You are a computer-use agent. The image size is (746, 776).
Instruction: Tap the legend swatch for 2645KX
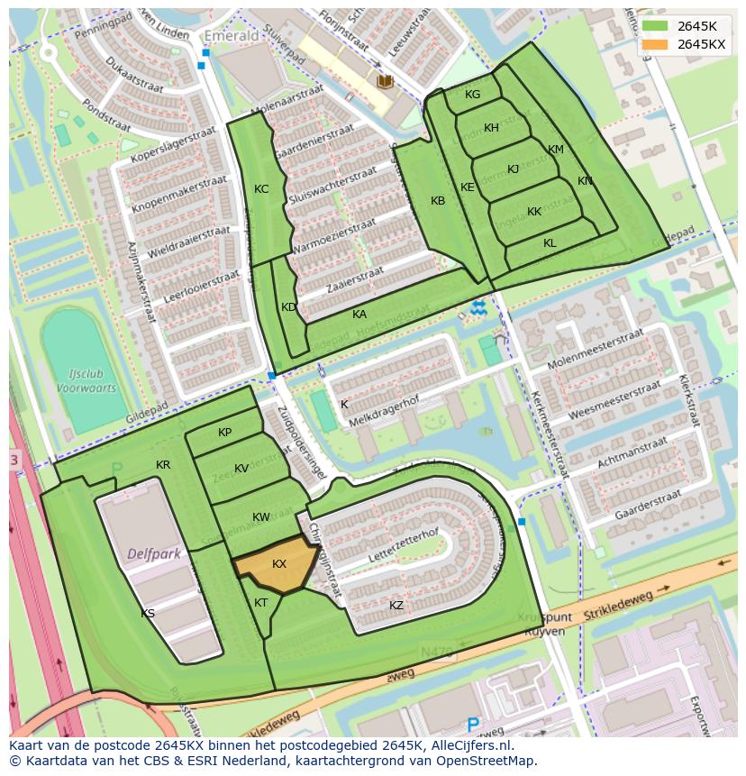pyautogui.click(x=654, y=44)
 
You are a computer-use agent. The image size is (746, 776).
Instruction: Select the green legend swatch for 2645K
pyautogui.click(x=654, y=26)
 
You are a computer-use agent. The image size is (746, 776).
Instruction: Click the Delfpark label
pyautogui.click(x=149, y=553)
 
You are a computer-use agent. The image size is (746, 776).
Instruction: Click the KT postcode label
pyautogui.click(x=261, y=603)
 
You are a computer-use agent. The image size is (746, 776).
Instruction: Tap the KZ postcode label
pyautogui.click(x=396, y=605)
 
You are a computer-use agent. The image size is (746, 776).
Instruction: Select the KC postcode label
pyautogui.click(x=261, y=189)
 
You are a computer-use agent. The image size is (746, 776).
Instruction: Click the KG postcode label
pyautogui.click(x=472, y=95)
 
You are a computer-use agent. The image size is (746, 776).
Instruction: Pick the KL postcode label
pyautogui.click(x=550, y=243)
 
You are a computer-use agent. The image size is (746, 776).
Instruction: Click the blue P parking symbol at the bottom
pyautogui.click(x=473, y=724)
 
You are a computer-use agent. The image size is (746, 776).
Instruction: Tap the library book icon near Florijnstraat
pyautogui.click(x=386, y=82)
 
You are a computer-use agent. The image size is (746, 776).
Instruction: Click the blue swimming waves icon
pyautogui.click(x=478, y=308)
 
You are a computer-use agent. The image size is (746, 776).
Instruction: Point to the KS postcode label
pyautogui.click(x=148, y=614)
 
